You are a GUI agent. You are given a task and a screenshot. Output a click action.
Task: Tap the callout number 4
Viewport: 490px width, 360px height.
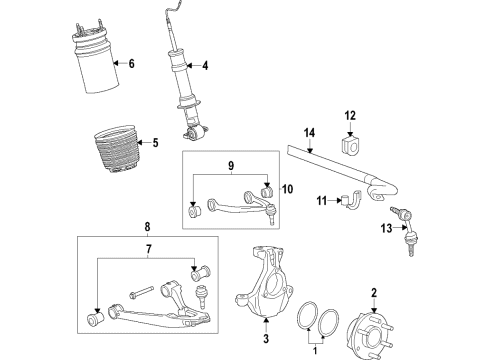(x=206, y=67)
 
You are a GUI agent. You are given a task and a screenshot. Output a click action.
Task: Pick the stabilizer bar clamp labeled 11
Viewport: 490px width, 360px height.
(x=349, y=202)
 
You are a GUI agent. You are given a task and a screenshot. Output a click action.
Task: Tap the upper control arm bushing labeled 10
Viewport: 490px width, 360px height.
(x=267, y=191)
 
